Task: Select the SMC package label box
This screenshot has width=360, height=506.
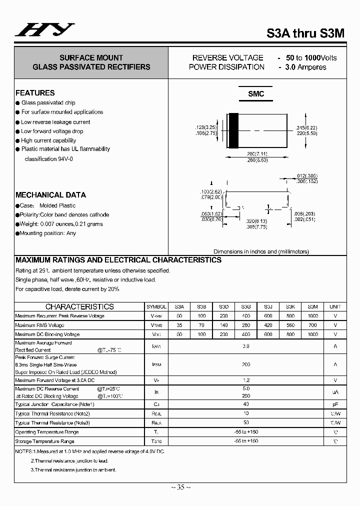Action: coord(256,94)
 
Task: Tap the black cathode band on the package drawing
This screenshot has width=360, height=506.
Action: coord(233,131)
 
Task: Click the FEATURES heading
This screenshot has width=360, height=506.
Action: coord(35,93)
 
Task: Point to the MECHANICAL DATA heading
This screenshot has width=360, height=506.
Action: coord(50,195)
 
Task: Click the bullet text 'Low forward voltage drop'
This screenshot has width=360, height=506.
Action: coord(52,131)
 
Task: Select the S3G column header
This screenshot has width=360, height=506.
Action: coord(245,307)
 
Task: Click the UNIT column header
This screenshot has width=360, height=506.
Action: coord(335,307)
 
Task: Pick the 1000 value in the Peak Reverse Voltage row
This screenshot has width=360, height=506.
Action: coord(313,316)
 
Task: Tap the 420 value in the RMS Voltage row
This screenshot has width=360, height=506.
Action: coord(268,325)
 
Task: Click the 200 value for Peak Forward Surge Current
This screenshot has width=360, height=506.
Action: coord(245,365)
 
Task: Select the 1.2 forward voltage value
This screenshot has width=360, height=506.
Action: coord(245,380)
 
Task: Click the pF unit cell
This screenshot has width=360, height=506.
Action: coord(335,404)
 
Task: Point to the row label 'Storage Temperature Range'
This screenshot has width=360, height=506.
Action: coord(45,441)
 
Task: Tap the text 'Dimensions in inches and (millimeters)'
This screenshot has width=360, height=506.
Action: coord(261,252)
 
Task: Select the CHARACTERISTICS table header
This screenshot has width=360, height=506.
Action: coord(79,307)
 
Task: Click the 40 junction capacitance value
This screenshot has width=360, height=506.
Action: coord(245,404)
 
